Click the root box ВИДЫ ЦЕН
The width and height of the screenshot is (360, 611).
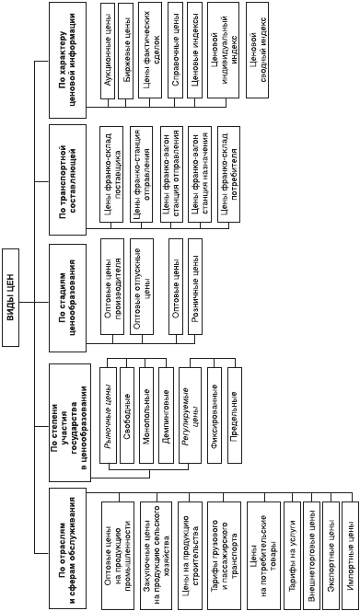[x=11, y=297]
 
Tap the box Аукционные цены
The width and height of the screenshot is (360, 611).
[x=107, y=51]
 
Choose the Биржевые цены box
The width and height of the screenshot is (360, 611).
[x=125, y=51]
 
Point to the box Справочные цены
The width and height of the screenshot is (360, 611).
[x=175, y=51]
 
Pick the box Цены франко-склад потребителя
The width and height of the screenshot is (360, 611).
[x=228, y=175]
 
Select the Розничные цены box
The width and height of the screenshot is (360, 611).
[x=195, y=286]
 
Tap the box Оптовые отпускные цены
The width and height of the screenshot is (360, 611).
[x=142, y=286]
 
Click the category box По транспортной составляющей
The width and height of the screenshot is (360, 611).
[x=67, y=179]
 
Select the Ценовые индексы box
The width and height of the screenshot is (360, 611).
[x=194, y=51]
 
